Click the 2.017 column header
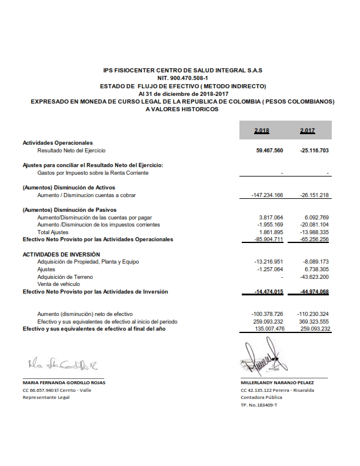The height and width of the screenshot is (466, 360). pyautogui.click(x=308, y=130)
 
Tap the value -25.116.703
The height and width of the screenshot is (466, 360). pyautogui.click(x=312, y=151)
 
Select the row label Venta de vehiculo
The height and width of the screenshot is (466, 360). pyautogui.click(x=58, y=284)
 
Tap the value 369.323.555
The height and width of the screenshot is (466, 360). pyautogui.click(x=312, y=322)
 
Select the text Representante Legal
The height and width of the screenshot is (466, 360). pyautogui.click(x=46, y=397)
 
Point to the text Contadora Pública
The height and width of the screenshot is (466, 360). pyautogui.click(x=262, y=397)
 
